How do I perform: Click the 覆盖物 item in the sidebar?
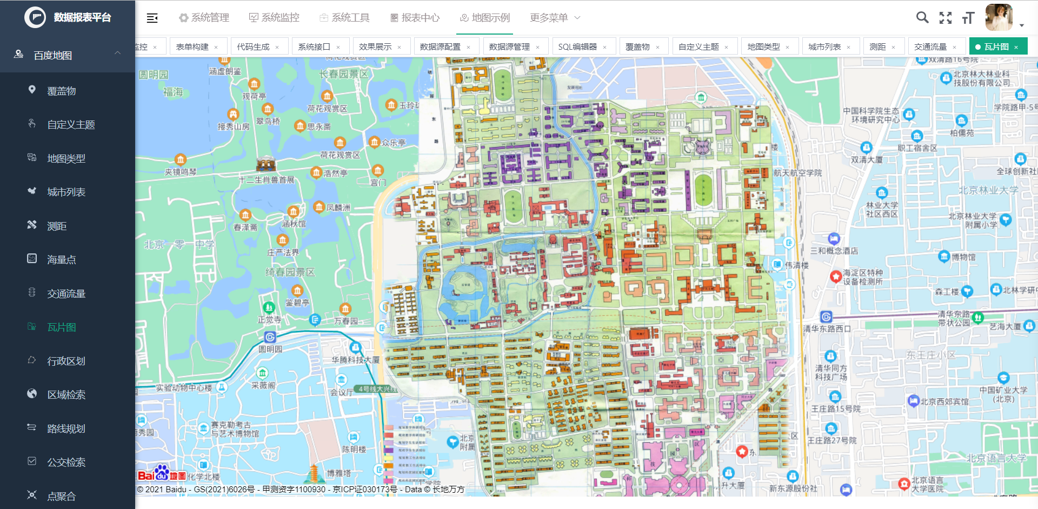tap(61, 91)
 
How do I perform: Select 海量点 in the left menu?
tap(61, 260)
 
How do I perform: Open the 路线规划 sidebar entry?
tap(66, 429)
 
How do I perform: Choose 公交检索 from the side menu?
tap(66, 463)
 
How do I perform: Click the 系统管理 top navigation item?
tap(204, 18)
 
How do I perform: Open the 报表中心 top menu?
tap(415, 18)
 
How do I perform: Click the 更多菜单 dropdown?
tap(555, 18)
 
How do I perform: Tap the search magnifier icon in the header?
tap(922, 18)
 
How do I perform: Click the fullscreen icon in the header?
tap(946, 18)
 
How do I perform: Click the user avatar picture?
tap(999, 17)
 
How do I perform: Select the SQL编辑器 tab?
tap(577, 47)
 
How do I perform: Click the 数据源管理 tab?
tap(509, 47)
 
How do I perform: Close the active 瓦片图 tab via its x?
tap(1016, 47)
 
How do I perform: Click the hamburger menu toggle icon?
tap(152, 18)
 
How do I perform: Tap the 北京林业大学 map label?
tap(988, 190)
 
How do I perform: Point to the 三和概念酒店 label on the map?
tap(834, 251)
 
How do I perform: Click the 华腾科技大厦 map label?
tap(355, 359)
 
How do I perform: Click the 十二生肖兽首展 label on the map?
tap(267, 180)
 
